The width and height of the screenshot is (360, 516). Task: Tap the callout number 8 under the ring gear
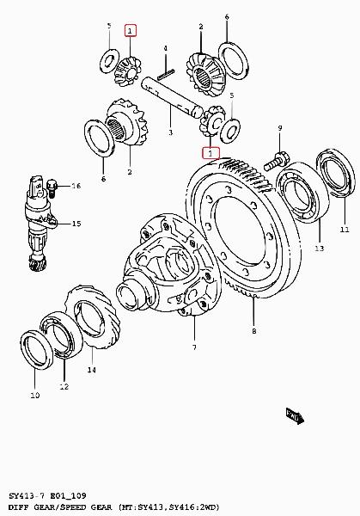pyautogui.click(x=253, y=331)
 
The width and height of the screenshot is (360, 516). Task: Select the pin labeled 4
pyautogui.click(x=166, y=74)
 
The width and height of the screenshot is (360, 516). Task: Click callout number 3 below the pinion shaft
pyautogui.click(x=170, y=132)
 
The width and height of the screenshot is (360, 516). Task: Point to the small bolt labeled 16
pyautogui.click(x=52, y=187)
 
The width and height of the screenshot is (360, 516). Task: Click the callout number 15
pyautogui.click(x=76, y=224)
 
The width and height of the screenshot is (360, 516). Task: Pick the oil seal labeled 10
pyautogui.click(x=35, y=349)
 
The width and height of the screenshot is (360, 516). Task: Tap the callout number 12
pyautogui.click(x=64, y=387)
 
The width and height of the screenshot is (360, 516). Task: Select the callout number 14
pyautogui.click(x=92, y=370)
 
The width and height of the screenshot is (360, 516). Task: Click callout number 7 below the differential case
pyautogui.click(x=194, y=347)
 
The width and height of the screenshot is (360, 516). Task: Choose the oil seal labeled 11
pyautogui.click(x=335, y=174)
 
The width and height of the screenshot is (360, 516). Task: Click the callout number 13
pyautogui.click(x=320, y=249)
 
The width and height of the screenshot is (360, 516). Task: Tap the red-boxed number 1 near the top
pyautogui.click(x=131, y=31)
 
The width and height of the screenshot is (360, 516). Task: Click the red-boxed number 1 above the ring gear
pyautogui.click(x=211, y=153)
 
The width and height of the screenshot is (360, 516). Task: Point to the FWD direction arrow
pyautogui.click(x=295, y=416)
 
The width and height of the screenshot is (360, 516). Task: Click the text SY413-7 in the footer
pyautogui.click(x=27, y=495)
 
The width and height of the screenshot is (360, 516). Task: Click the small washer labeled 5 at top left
pyautogui.click(x=109, y=60)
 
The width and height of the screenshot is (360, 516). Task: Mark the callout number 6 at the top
pyautogui.click(x=227, y=17)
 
